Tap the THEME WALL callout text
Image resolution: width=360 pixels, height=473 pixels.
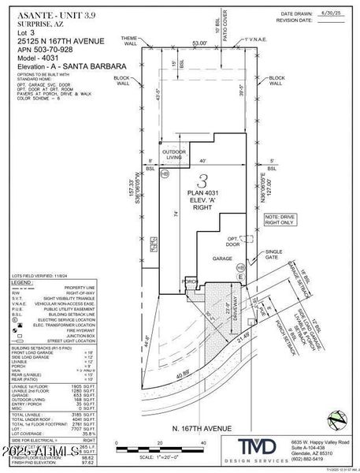click(x=128, y=40)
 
